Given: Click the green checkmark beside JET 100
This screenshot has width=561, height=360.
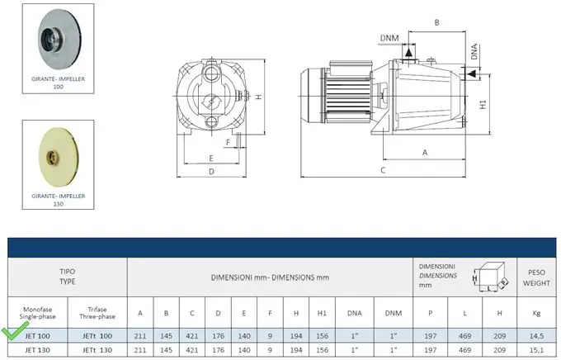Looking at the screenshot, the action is pos(14,330).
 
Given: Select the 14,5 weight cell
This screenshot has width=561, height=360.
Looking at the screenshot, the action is pos(536,336).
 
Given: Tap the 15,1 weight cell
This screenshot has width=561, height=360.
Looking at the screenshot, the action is pos(536,349).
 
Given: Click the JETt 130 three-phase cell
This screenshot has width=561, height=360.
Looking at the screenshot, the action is pos(97,349).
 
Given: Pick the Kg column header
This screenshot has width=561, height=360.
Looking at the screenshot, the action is pos(536,313).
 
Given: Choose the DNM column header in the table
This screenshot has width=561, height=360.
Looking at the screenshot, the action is pos(394,313).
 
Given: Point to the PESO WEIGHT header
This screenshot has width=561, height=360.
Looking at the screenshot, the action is pos(536,277).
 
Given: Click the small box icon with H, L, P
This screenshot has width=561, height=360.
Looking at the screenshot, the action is pos(490,277).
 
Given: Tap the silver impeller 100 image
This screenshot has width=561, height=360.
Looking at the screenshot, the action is pos(59,39).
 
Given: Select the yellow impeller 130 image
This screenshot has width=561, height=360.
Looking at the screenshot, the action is pos(59,157).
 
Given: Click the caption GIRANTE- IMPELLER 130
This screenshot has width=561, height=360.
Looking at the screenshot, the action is pos(59,200).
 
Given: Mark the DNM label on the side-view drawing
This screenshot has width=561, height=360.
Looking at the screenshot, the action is pos(389,38).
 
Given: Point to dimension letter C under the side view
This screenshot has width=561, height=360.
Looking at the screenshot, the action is pos(383,170).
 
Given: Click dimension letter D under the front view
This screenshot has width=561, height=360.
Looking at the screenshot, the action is pos(211,172).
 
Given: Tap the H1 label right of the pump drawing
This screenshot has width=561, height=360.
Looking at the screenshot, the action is pos(483,104).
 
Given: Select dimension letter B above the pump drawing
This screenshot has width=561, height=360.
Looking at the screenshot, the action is pos(437,22).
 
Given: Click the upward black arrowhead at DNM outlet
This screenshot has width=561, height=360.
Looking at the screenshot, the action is pos(408,53).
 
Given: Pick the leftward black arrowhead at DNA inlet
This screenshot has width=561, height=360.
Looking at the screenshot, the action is pos(472,73).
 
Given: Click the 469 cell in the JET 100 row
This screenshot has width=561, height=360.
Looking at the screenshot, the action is pos(464,336).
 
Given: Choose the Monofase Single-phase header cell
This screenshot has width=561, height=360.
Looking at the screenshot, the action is pos(38,313).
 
